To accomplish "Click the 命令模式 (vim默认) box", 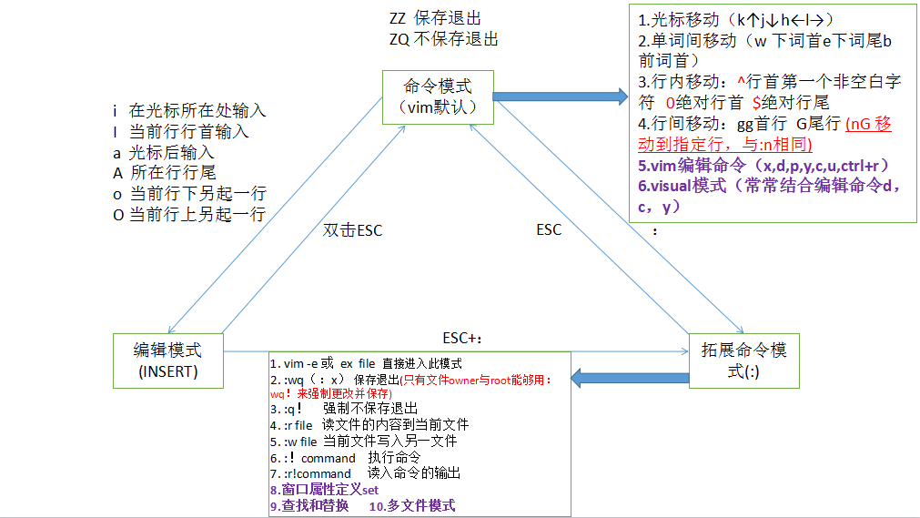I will pyautogui.click(x=437, y=96).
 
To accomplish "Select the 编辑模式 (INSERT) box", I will pyautogui.click(x=167, y=360).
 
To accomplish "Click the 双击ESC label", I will pyautogui.click(x=353, y=230).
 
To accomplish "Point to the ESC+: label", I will pyautogui.click(x=461, y=339).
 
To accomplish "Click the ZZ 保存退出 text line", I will pyautogui.click(x=435, y=18).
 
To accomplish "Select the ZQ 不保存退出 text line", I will pyautogui.click(x=443, y=39).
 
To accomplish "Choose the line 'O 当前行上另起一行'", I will pyautogui.click(x=189, y=215).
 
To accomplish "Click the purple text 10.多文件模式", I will pyautogui.click(x=411, y=505).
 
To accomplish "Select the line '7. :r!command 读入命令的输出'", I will pyautogui.click(x=365, y=473).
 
